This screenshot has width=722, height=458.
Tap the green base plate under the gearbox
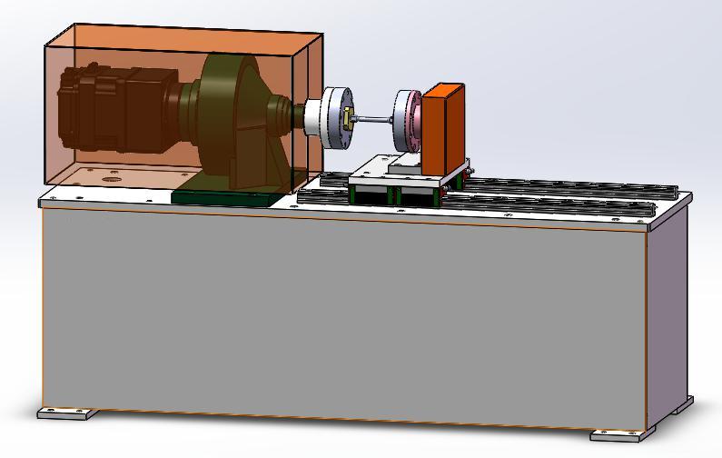[x=227, y=196]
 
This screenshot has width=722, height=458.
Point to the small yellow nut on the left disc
[x=347, y=118]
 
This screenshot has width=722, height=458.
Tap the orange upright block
[x=443, y=127]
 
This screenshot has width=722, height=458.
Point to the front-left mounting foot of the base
[x=67, y=413]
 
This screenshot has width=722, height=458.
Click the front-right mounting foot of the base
[x=621, y=435]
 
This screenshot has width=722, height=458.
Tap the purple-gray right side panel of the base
[x=670, y=309]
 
